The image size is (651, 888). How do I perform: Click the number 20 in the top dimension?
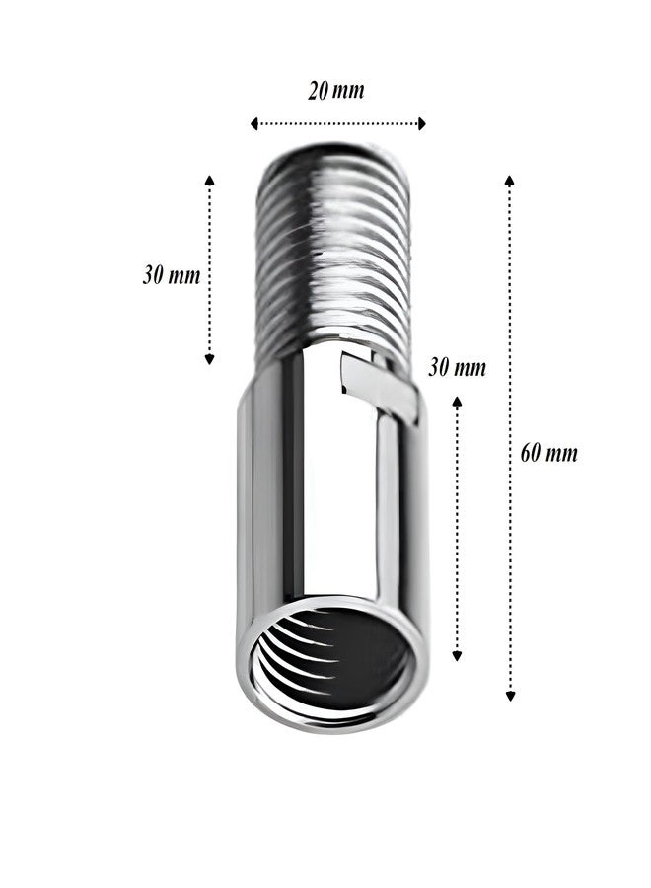point(319,91)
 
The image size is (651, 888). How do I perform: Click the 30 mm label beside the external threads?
point(172,275)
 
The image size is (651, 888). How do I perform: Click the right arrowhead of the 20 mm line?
point(421,124)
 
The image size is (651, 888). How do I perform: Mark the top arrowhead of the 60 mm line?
point(509,180)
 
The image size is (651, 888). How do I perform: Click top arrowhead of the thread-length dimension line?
point(209,179)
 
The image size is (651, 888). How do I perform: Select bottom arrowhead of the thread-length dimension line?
point(209,360)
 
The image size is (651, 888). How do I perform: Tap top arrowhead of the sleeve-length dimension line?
point(456,400)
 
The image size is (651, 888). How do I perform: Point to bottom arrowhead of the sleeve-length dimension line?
point(456,656)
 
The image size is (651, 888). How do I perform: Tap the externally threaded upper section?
point(332,257)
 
